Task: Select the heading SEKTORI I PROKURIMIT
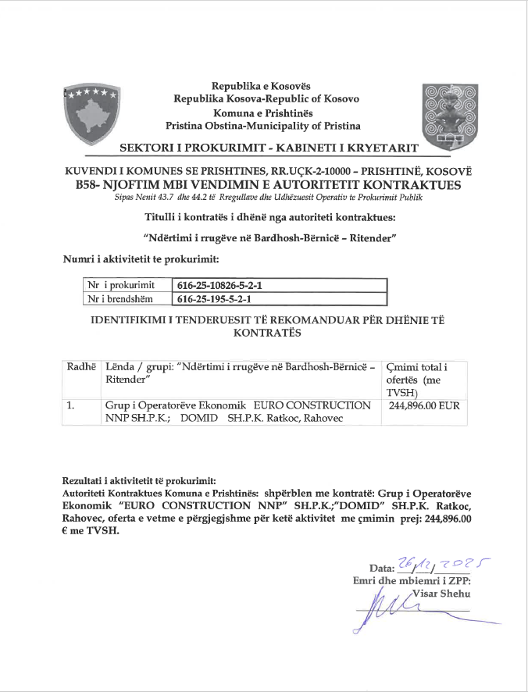[269, 148]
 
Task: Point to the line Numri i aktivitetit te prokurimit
[140, 258]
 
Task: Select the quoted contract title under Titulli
[269, 237]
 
